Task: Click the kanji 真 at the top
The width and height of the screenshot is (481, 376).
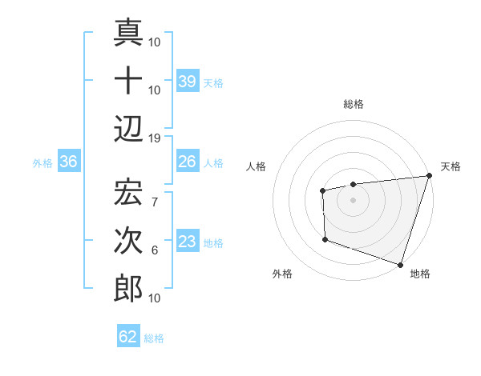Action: point(128,34)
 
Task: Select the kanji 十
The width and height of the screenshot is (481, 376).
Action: point(128,82)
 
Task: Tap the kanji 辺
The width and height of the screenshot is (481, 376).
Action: point(128,129)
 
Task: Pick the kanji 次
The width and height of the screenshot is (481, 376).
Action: point(128,240)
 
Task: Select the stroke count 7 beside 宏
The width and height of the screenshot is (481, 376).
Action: point(155,193)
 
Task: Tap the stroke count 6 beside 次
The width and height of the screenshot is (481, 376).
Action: point(155,250)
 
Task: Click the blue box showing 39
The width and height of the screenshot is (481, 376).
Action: point(188,82)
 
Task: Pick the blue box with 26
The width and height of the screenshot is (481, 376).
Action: point(188,162)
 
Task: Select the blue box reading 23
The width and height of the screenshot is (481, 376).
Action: point(188,242)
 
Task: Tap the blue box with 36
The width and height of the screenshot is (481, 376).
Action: point(69,162)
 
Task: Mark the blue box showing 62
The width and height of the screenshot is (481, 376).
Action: point(128,337)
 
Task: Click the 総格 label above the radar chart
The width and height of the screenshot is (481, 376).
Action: point(353,104)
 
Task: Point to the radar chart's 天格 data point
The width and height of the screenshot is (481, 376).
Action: point(428,176)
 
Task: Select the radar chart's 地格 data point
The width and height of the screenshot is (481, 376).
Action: point(399,264)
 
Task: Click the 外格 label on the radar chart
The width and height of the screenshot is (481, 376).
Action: point(282,274)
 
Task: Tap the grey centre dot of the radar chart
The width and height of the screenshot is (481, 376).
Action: point(353,200)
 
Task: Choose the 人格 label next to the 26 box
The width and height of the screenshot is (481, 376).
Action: point(213,163)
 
